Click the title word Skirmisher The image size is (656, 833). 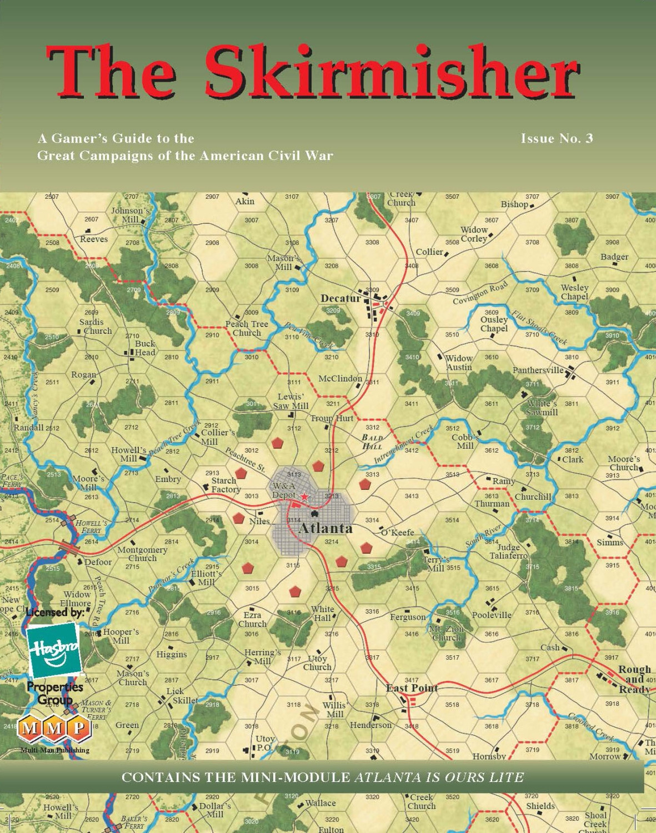click(x=392, y=72)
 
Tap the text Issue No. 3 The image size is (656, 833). click(x=557, y=138)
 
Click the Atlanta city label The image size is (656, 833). click(x=326, y=528)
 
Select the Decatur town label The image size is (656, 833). click(x=340, y=298)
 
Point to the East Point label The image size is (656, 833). click(x=412, y=688)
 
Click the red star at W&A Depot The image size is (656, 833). click(x=304, y=496)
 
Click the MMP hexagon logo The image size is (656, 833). click(x=54, y=727)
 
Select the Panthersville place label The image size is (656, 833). click(x=538, y=370)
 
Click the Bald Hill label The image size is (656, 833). click(x=372, y=441)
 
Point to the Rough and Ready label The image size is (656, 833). click(x=634, y=679)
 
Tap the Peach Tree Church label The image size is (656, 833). click(x=247, y=328)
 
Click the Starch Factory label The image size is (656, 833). click(x=225, y=485)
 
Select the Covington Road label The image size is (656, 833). click(x=480, y=293)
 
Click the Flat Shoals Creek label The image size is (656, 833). click(x=538, y=327)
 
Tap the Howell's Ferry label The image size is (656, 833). click(x=91, y=526)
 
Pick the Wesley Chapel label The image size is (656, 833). click(x=574, y=292)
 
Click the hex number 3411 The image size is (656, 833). click(x=412, y=404)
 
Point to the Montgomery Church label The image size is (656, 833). click(x=142, y=554)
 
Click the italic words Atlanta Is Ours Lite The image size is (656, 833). click(x=439, y=777)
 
